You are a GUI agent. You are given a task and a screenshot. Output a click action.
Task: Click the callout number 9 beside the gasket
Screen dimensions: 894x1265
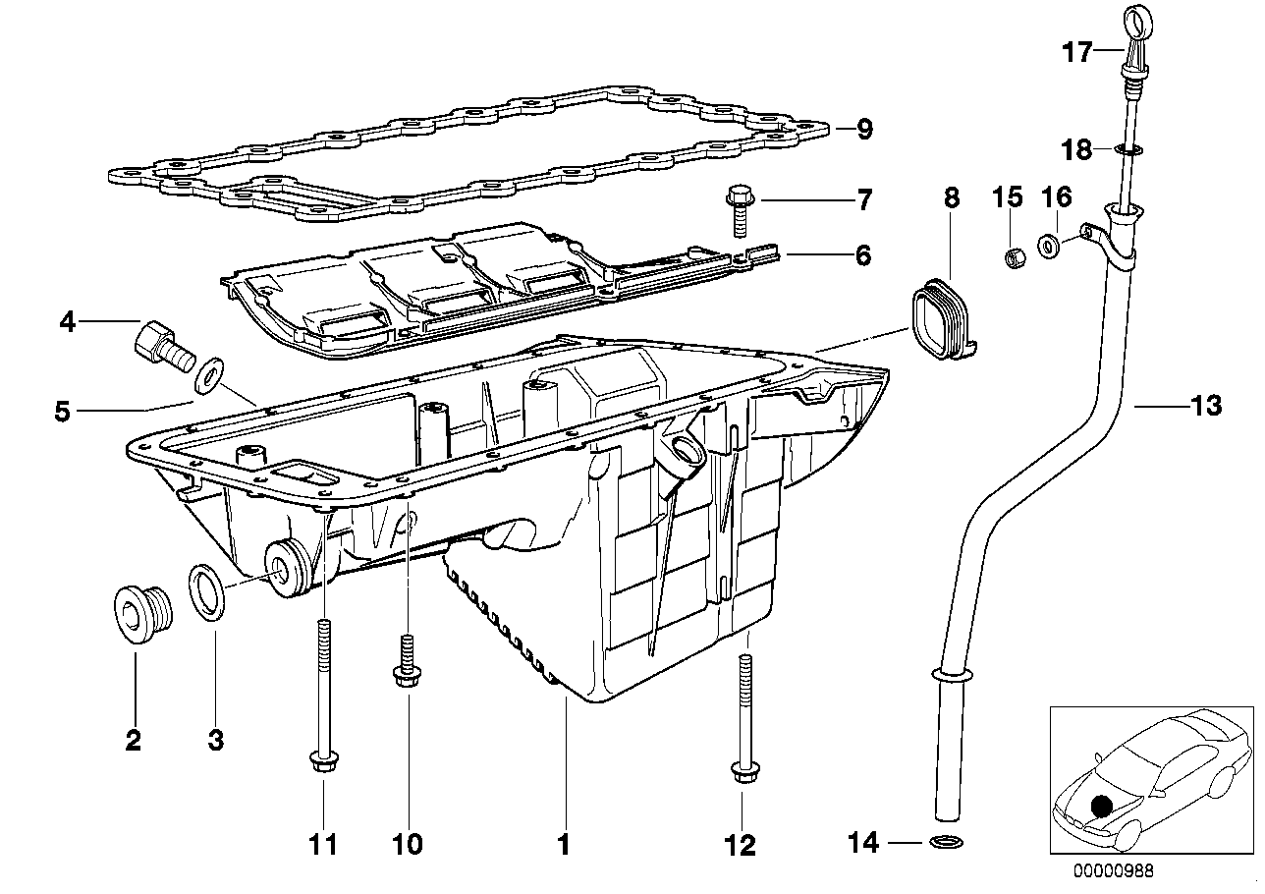tap(863, 130)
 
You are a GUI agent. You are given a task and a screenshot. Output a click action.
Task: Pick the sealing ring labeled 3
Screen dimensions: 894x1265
tap(206, 592)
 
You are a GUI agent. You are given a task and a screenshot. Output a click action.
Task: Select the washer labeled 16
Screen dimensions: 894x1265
tap(1049, 245)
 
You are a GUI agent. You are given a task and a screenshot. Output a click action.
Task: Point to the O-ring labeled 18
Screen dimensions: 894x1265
tap(1128, 150)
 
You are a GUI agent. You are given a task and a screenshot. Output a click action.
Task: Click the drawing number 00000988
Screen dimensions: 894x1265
tap(1114, 868)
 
